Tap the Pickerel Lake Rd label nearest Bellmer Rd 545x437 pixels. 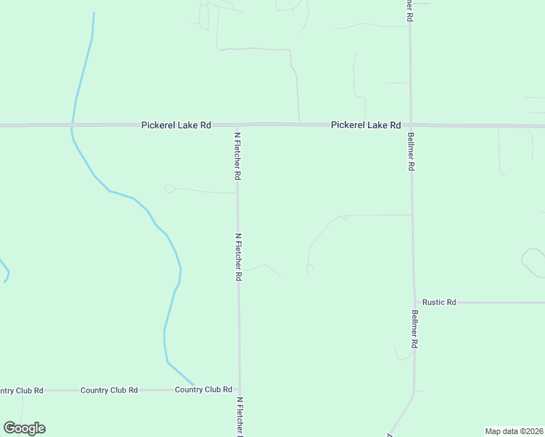tap(366, 125)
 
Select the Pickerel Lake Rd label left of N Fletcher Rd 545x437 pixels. tap(176, 125)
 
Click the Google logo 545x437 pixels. tap(24, 428)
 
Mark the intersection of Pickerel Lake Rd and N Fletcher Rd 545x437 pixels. tap(237, 125)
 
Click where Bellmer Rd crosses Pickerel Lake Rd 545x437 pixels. tap(411, 125)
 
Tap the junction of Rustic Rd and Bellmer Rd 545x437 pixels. tap(415, 302)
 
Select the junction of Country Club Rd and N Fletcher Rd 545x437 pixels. tap(239, 390)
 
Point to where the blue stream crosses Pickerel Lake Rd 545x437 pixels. tap(71, 125)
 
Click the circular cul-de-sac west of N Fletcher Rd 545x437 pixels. tap(170, 189)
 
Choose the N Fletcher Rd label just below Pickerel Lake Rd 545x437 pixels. tap(237, 156)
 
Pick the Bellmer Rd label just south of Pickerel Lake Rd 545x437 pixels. tap(412, 151)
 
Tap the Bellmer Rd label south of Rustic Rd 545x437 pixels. tap(415, 329)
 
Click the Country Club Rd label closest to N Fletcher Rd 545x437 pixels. tap(203, 390)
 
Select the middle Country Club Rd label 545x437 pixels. tap(109, 390)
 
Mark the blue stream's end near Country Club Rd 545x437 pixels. tap(194, 385)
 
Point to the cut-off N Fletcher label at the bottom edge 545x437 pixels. tap(239, 417)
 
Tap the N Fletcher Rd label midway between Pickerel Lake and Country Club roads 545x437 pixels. tap(238, 257)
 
